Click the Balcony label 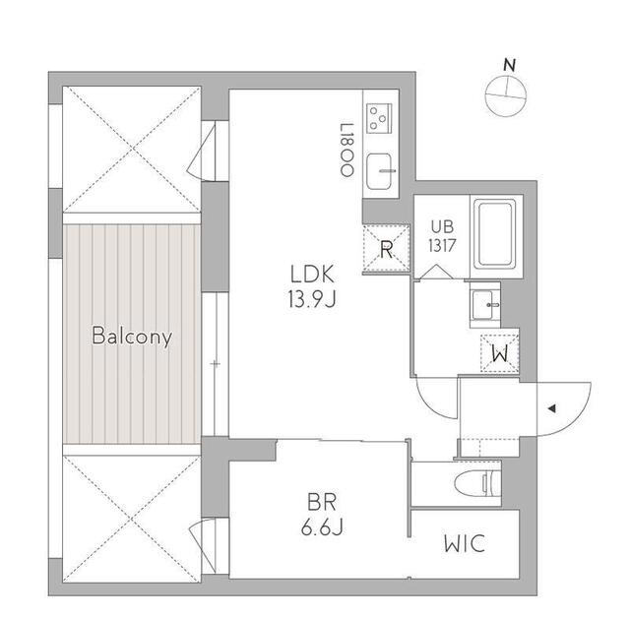click(x=132, y=336)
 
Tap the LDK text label click(x=312, y=275)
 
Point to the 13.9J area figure click(x=312, y=299)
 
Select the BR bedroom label click(x=322, y=502)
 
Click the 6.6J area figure click(x=322, y=526)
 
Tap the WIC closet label click(x=465, y=543)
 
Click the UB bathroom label click(x=442, y=227)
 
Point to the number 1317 click(x=442, y=245)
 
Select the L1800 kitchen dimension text click(x=346, y=150)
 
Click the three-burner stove click(x=379, y=118)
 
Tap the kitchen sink click(x=380, y=171)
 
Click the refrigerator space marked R click(x=386, y=250)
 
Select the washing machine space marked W click(x=499, y=353)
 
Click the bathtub click(x=494, y=234)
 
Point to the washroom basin click(x=484, y=305)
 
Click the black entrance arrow click(x=551, y=408)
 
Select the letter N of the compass click(x=510, y=65)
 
